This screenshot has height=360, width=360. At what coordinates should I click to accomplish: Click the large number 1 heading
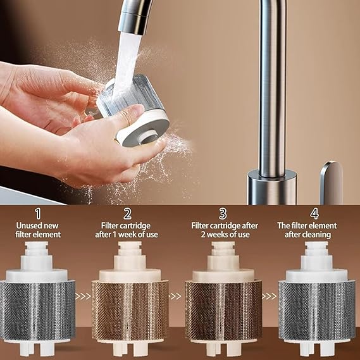point(38,214)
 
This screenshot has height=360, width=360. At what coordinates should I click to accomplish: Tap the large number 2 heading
point(127,214)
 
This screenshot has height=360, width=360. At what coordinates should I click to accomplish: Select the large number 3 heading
point(223,214)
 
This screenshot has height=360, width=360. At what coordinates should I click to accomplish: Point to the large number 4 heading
point(314,214)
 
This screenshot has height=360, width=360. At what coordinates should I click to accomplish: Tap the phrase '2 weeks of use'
point(225,235)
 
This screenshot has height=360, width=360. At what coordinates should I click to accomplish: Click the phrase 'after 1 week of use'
point(127,235)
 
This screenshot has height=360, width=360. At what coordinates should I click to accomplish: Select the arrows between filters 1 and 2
point(83,296)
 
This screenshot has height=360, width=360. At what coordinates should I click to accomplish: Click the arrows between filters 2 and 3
point(176,296)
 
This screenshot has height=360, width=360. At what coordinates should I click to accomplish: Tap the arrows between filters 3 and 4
point(270,296)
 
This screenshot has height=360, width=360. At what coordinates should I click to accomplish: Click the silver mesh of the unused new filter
point(37,311)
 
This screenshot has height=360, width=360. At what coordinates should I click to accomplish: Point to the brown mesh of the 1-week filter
point(130,311)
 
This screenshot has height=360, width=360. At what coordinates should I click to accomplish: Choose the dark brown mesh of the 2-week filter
point(223,311)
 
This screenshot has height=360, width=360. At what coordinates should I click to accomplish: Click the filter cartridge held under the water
point(133,110)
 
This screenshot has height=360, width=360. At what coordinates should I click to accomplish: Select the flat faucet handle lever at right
point(332,182)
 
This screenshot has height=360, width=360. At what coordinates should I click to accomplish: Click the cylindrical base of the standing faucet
point(272,187)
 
